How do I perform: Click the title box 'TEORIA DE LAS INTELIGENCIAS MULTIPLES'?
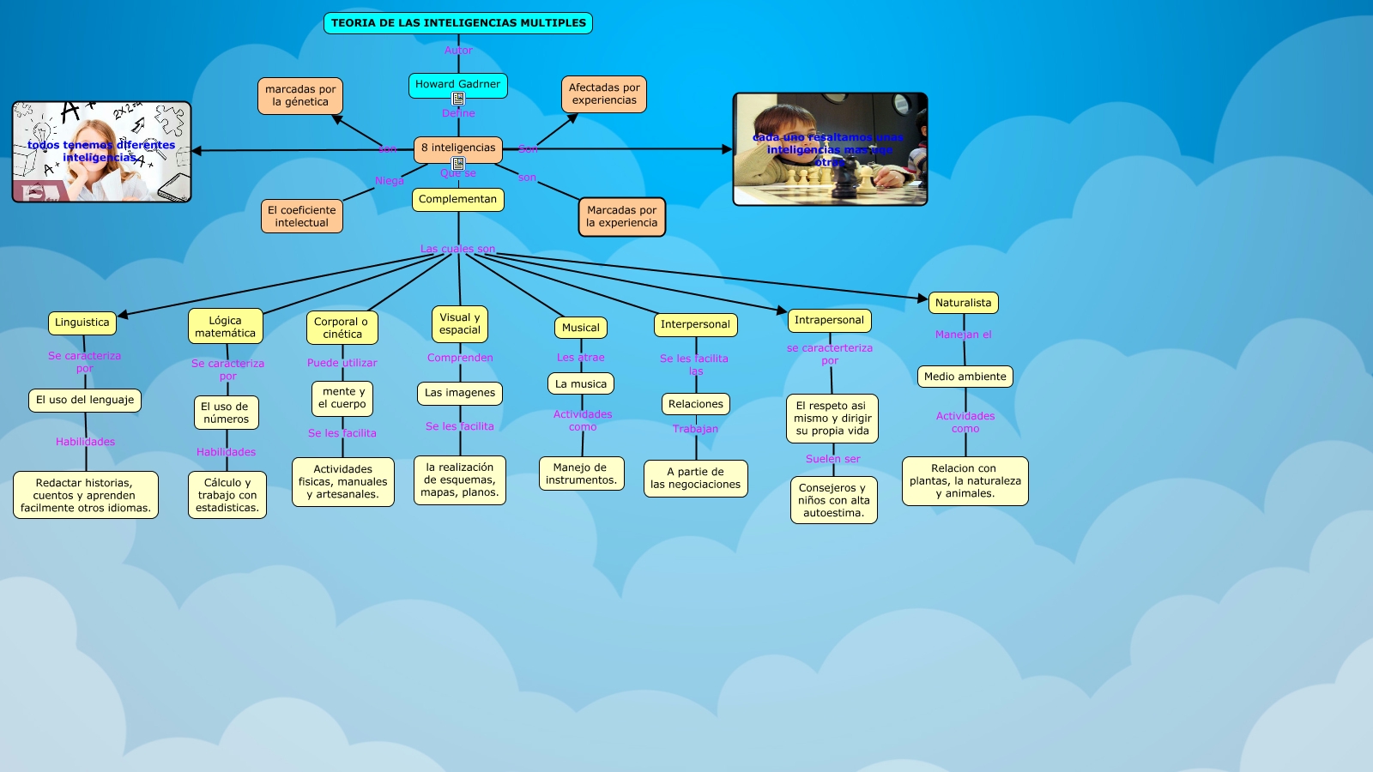458,23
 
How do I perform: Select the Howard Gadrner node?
457,84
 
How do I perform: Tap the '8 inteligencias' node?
458,148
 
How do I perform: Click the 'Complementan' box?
457,199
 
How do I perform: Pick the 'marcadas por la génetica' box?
300,95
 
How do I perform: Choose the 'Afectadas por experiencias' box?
604,93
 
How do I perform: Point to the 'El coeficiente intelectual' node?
302,216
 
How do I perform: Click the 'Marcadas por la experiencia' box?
621,216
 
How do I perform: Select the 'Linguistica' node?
82,323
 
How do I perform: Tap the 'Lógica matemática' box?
225,327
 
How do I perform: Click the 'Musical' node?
581,328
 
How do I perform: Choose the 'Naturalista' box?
963,303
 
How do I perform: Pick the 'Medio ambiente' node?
965,377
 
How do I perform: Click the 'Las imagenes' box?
460,393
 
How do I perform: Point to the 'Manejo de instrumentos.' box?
581,473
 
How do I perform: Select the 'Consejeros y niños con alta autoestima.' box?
833,500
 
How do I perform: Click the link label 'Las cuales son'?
457,249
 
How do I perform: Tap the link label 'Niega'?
389,181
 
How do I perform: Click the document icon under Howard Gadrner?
458,100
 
